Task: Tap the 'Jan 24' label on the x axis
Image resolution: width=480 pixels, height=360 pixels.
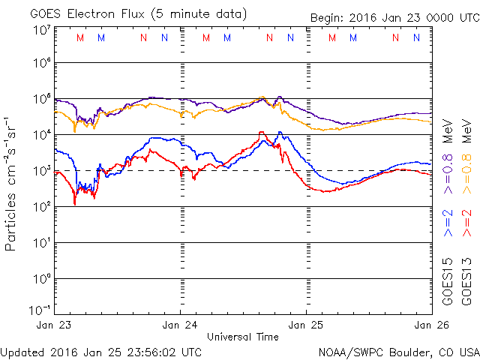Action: coord(180,325)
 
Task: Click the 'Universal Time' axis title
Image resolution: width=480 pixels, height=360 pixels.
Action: coord(243,337)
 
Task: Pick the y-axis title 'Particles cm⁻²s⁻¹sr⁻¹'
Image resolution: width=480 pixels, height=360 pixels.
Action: coord(12,182)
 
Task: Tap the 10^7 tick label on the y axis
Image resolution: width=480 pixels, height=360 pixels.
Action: coord(40,30)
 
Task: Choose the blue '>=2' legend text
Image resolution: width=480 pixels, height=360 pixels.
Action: coord(448,223)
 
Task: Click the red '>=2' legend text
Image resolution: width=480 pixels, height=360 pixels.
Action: coord(466,223)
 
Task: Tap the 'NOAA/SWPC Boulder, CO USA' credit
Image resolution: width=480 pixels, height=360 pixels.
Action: coord(398,352)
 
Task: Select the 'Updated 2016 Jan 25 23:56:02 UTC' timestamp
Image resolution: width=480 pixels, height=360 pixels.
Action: coord(101,352)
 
